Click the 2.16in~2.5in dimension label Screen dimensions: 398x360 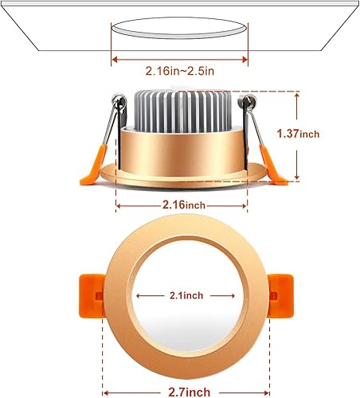point(180,71)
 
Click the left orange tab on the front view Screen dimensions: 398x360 point(91,295)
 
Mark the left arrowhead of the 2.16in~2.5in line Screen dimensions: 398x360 point(115,57)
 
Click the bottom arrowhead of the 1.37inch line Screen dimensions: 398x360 point(297,177)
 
